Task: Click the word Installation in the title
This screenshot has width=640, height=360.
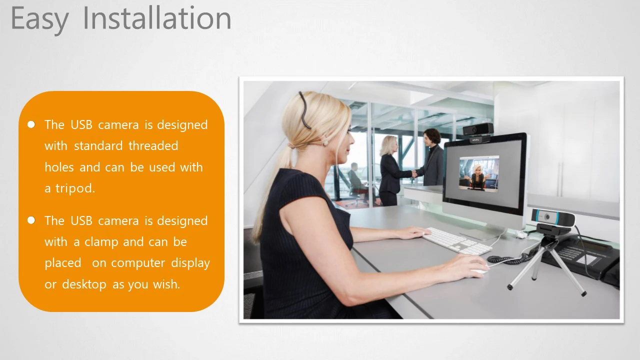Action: click(x=157, y=18)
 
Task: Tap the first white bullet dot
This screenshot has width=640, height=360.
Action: click(x=31, y=124)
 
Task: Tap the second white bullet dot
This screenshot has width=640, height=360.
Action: click(x=31, y=220)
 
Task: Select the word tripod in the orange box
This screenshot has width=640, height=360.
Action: click(x=75, y=188)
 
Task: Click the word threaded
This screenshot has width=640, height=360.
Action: click(x=153, y=145)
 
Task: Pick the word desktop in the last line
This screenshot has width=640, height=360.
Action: click(x=84, y=284)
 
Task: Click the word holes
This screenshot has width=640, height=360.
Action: click(x=59, y=167)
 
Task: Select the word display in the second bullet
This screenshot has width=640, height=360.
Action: click(x=190, y=263)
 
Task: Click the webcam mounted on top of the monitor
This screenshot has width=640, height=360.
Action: click(x=477, y=132)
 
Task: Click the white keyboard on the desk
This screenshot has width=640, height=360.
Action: click(x=457, y=241)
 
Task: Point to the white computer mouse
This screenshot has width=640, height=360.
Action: click(x=480, y=270)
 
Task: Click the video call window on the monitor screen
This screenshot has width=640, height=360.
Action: click(x=479, y=173)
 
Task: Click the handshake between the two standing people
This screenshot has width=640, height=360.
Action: click(x=413, y=173)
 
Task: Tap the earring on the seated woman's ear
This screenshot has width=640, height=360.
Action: click(x=325, y=142)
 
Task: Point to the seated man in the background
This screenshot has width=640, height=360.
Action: click(x=355, y=180)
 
